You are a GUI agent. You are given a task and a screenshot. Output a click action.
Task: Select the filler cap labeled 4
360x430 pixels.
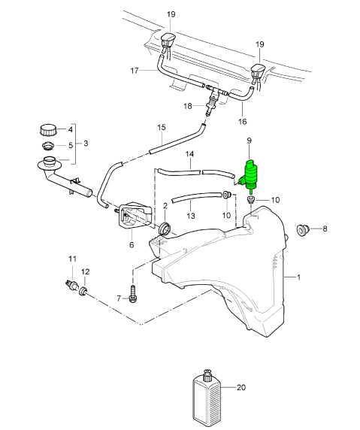[x=48, y=130]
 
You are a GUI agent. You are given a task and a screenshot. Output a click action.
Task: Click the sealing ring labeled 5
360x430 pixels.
[x=48, y=146]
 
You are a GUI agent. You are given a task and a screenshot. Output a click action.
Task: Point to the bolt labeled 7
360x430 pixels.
[x=133, y=294]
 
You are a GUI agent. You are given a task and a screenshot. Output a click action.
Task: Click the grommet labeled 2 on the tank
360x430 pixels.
[x=165, y=228]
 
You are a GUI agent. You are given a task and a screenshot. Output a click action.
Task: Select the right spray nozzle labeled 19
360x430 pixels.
[x=258, y=72]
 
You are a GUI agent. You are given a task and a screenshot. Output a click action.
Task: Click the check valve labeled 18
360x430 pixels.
[x=212, y=102]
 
